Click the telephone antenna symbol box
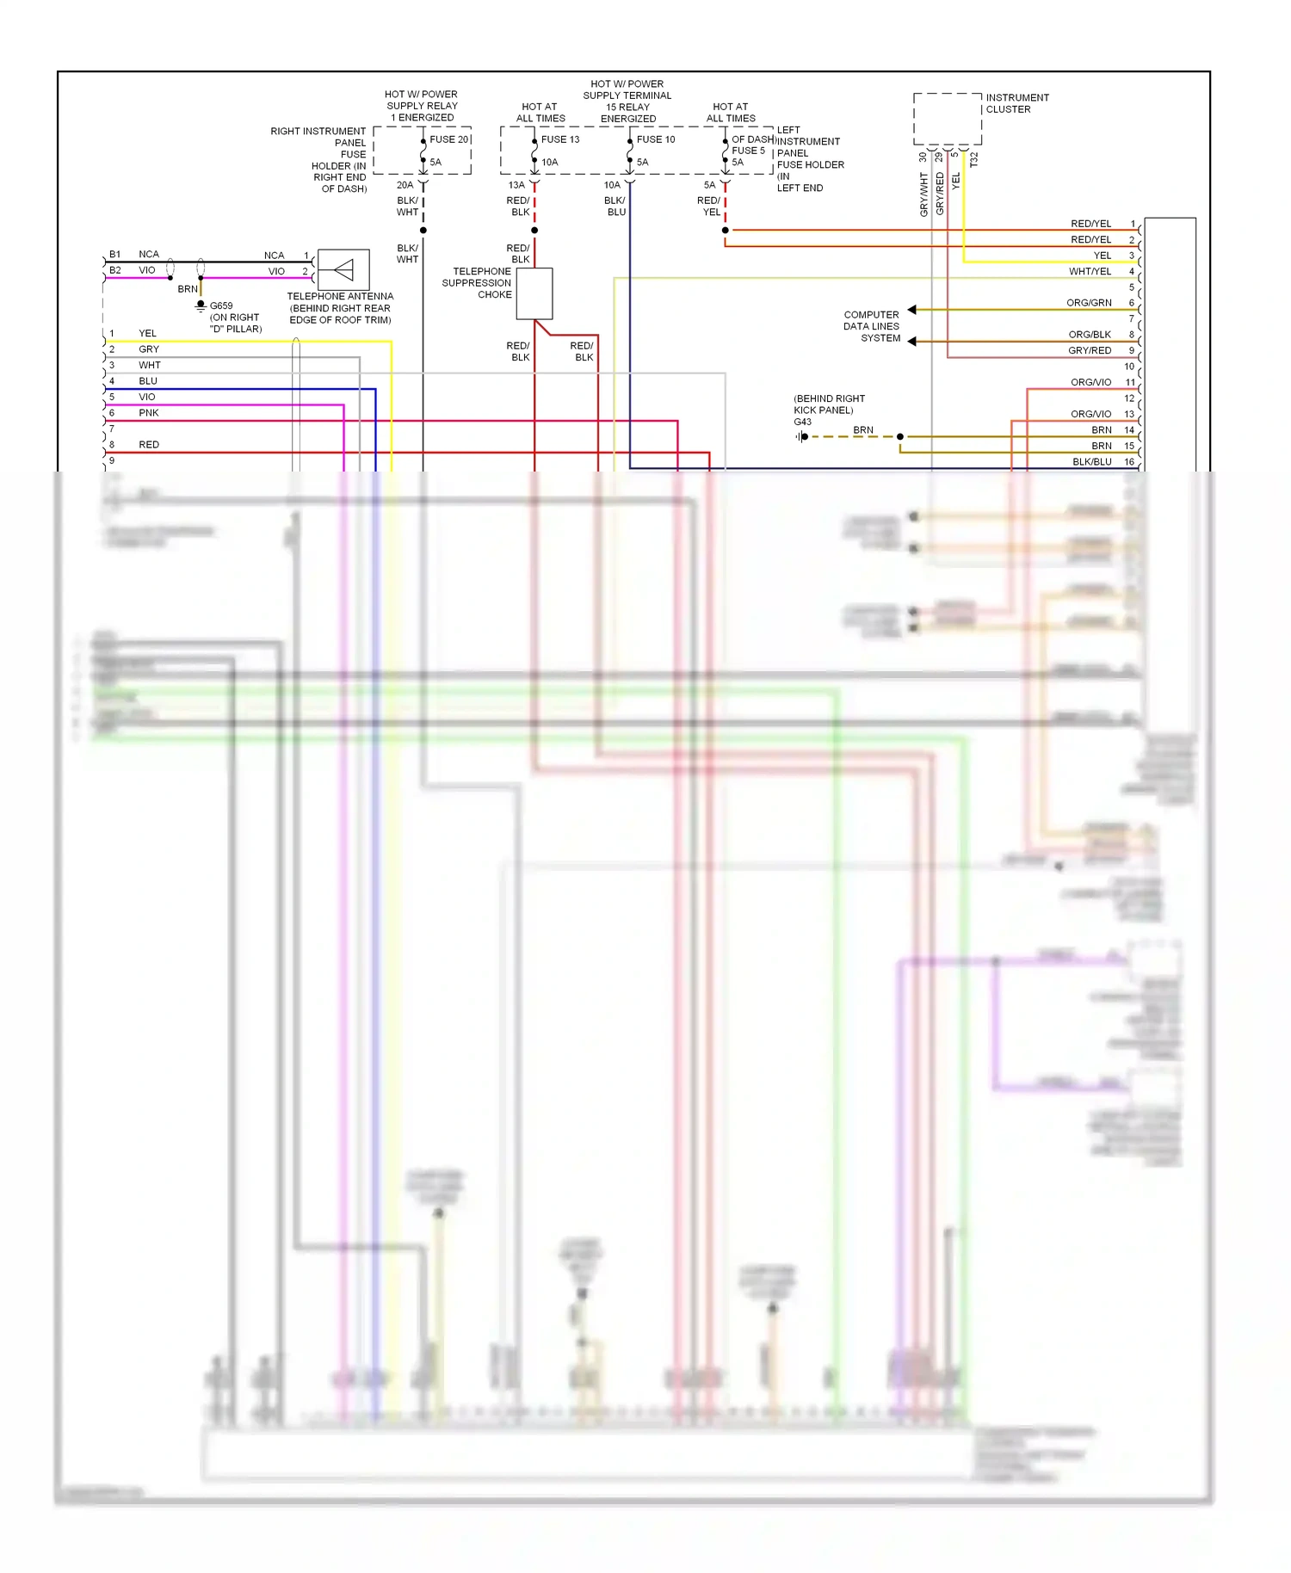coord(343,270)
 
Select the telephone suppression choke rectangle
coord(534,293)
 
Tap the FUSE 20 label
coord(449,139)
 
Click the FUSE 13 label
coord(560,139)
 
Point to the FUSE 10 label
coord(656,139)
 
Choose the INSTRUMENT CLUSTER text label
coord(1017,103)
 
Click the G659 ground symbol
coord(201,305)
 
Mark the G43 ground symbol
coord(802,437)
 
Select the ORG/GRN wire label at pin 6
coord(1089,303)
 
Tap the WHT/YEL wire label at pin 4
coord(1090,272)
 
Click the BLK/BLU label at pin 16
coord(1091,462)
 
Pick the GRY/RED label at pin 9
coord(1090,351)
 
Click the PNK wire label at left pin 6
coord(149,413)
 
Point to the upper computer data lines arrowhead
coord(912,310)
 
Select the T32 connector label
coord(974,160)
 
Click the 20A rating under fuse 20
coord(405,185)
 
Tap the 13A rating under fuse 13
coord(516,185)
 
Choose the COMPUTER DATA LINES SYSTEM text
coord(871,327)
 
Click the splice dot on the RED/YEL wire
coord(726,231)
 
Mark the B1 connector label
coord(115,255)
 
